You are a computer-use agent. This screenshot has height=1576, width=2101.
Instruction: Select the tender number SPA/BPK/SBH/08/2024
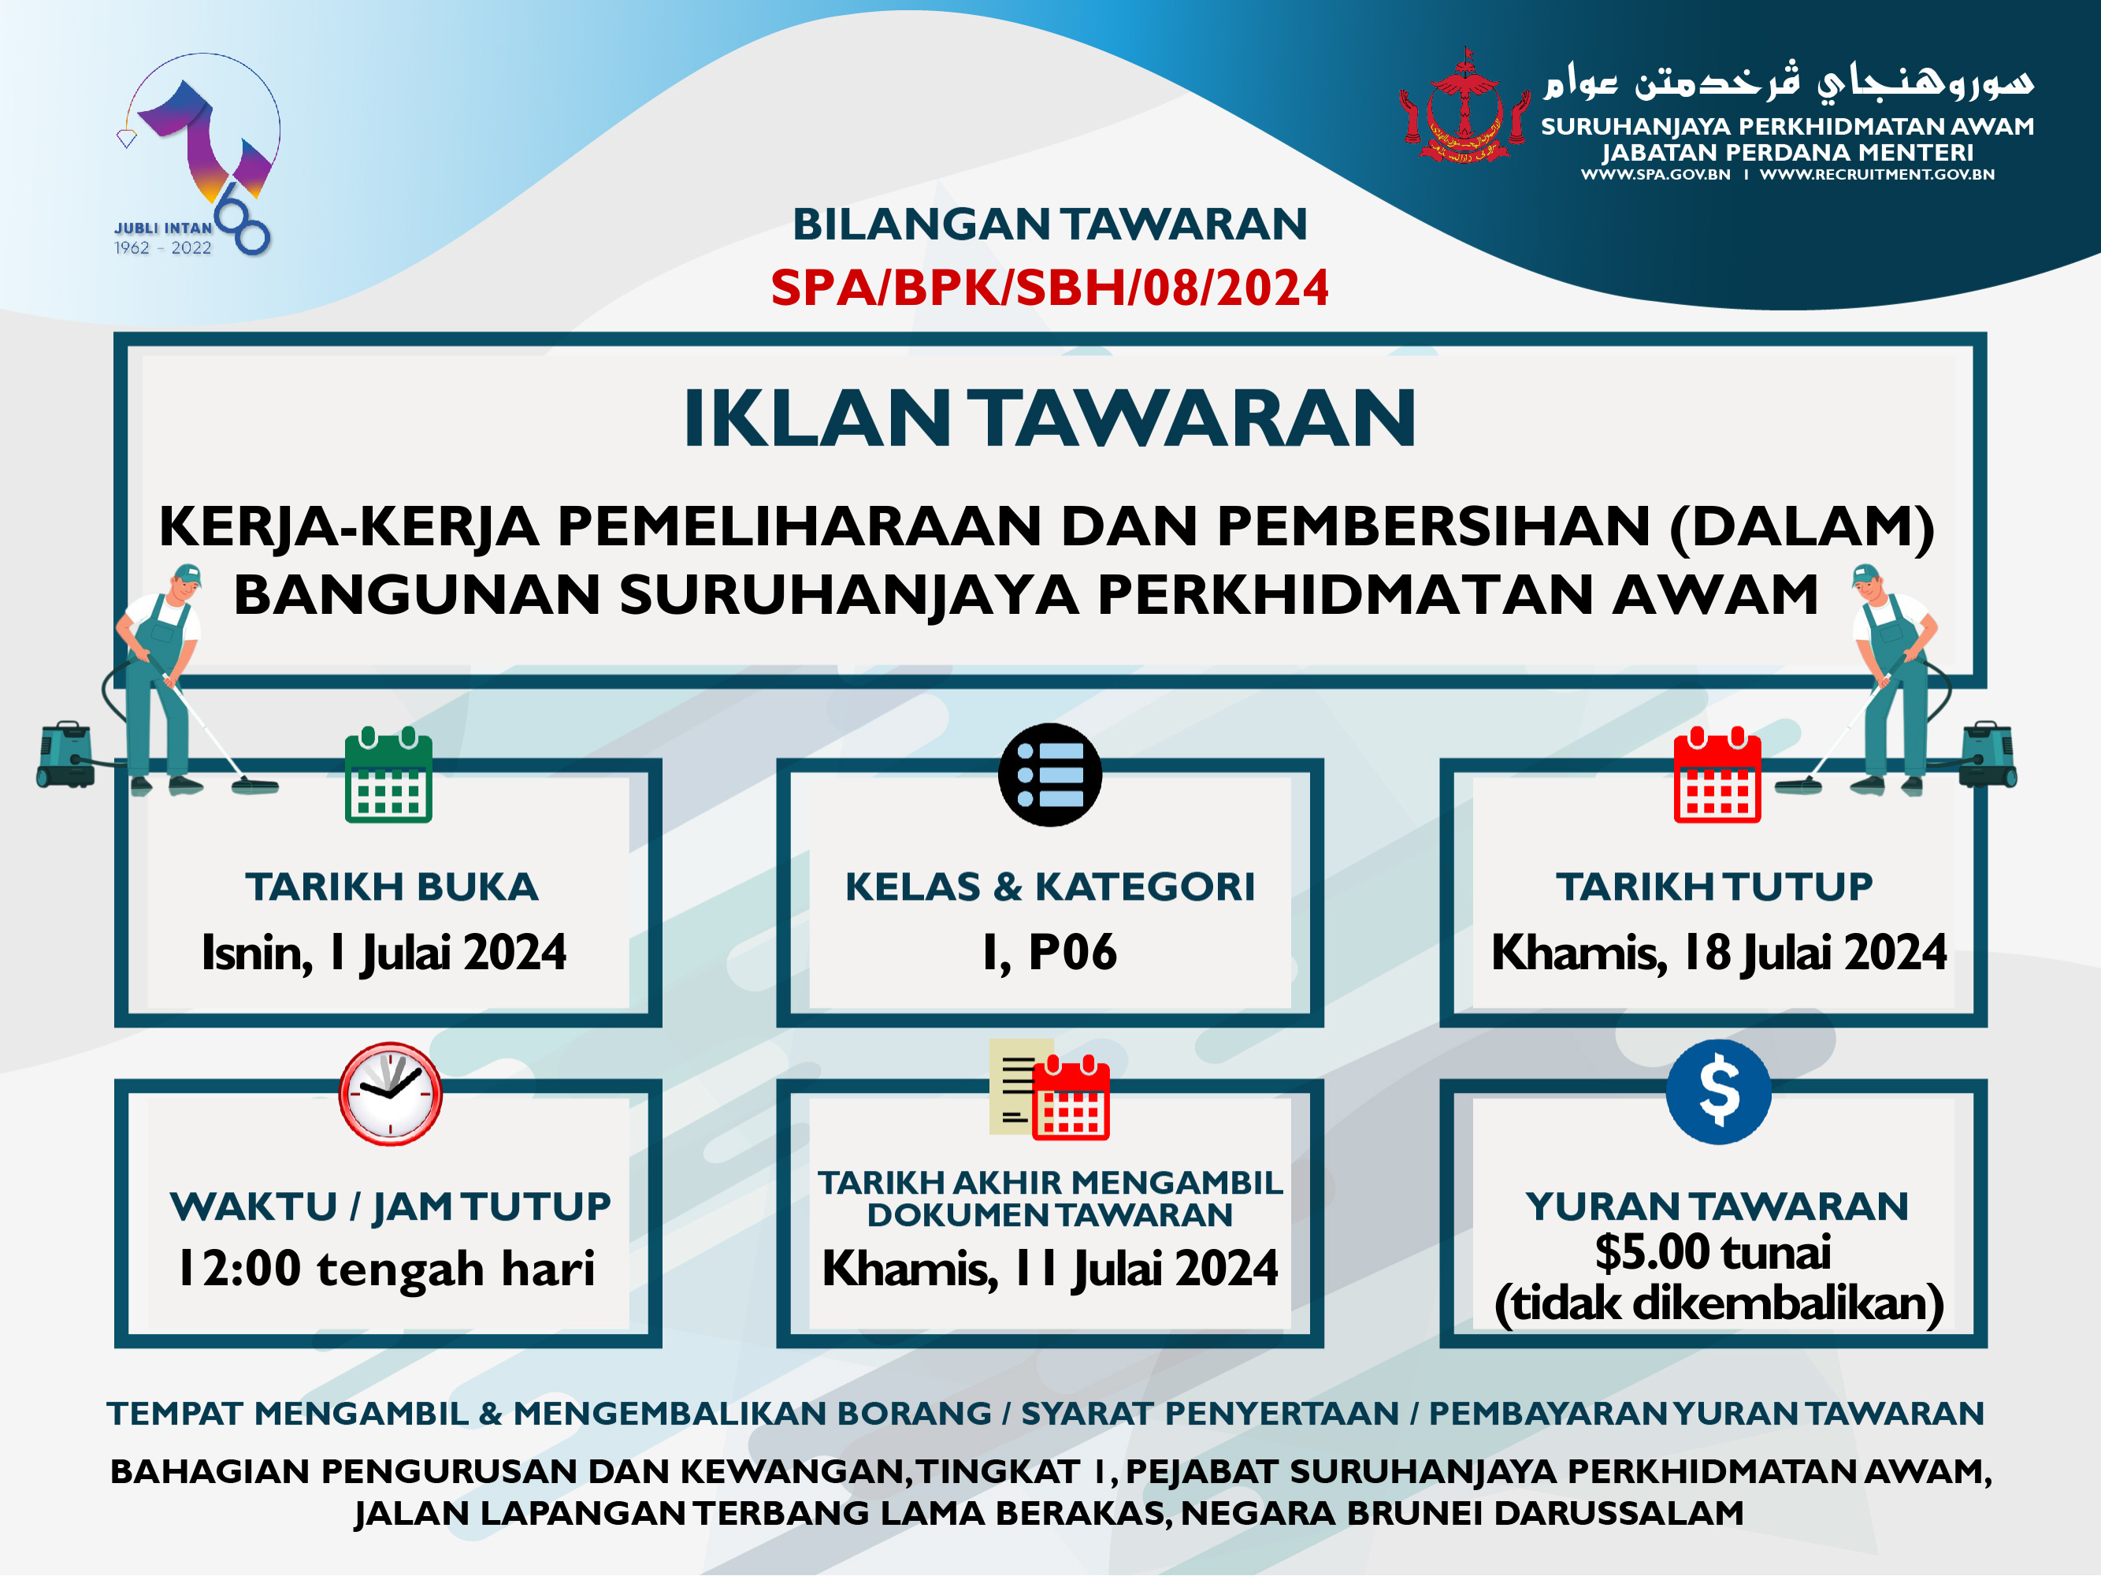click(x=1049, y=288)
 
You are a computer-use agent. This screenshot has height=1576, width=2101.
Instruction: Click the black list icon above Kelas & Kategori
click(x=1049, y=775)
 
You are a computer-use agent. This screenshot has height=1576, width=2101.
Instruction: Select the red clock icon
click(x=391, y=1094)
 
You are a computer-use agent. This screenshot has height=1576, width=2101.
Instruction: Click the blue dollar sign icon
click(x=1718, y=1091)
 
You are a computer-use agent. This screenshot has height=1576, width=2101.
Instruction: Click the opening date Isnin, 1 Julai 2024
click(x=384, y=953)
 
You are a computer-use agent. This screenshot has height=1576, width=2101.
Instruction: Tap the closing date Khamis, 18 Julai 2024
click(x=1719, y=953)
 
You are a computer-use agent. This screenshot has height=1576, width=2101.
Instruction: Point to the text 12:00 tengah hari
click(x=387, y=1269)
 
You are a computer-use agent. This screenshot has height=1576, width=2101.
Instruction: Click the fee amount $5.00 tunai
click(x=1713, y=1252)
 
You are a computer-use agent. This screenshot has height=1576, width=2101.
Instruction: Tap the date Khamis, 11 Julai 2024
click(x=1049, y=1269)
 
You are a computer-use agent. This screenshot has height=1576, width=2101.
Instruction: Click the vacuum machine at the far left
click(x=65, y=755)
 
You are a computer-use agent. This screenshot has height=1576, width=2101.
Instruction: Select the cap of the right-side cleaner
click(x=1866, y=574)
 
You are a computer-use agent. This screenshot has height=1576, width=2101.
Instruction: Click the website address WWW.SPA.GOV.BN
click(x=1656, y=175)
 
